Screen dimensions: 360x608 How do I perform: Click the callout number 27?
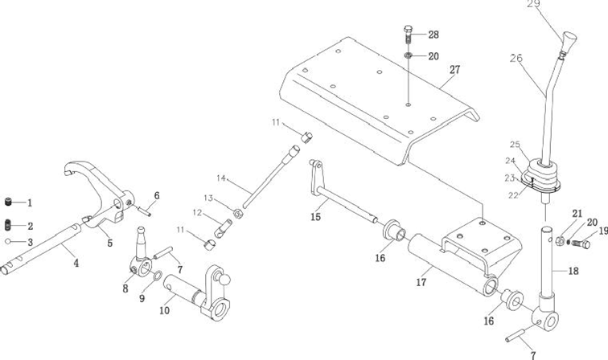pyautogui.click(x=454, y=70)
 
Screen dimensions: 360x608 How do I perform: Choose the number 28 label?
pyautogui.click(x=433, y=35)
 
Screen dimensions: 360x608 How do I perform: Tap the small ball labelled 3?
pyautogui.click(x=9, y=241)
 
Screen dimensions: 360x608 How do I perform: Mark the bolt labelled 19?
pyautogui.click(x=584, y=243)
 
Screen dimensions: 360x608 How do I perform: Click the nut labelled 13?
pyautogui.click(x=238, y=213)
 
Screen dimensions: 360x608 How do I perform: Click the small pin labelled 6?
pyautogui.click(x=146, y=210)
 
